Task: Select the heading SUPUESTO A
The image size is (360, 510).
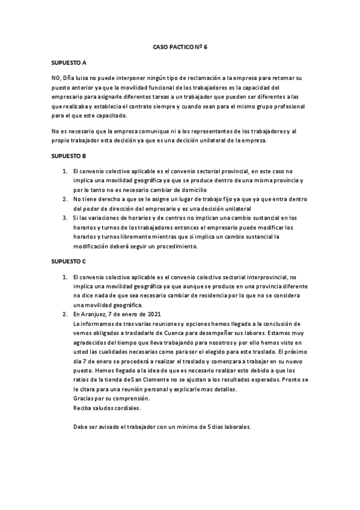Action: coord(69,63)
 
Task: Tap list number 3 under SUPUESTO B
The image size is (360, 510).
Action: coord(66,218)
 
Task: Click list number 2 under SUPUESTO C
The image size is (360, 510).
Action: coord(66,315)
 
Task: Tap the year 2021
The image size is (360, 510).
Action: coord(152,315)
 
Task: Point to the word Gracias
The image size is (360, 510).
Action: coord(84,399)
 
